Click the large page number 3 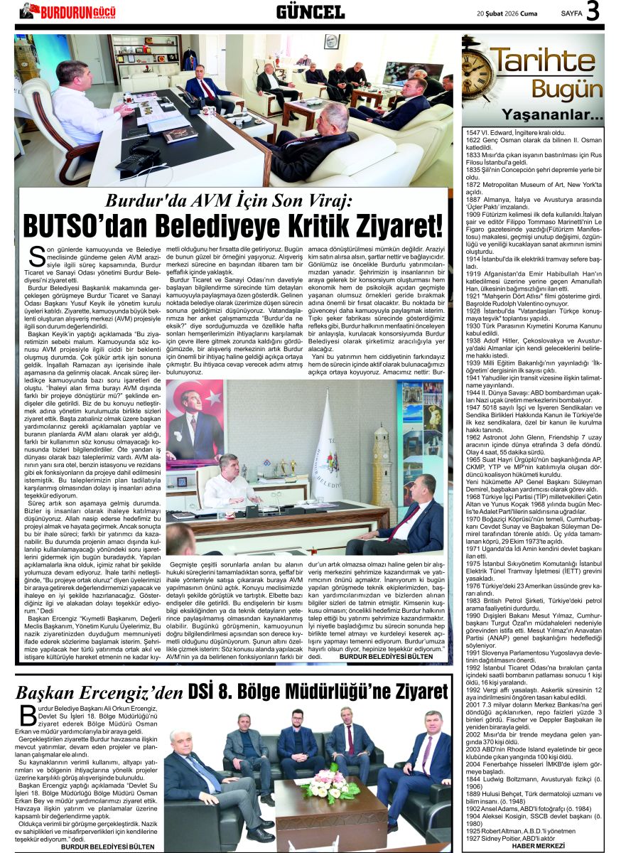pos(593,11)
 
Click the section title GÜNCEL pos(310,11)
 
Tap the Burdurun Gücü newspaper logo pos(67,11)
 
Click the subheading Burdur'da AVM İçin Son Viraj pos(228,200)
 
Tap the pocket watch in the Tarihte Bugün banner pos(480,72)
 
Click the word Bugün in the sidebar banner pos(567,90)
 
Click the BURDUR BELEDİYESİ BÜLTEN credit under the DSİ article pos(108,847)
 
